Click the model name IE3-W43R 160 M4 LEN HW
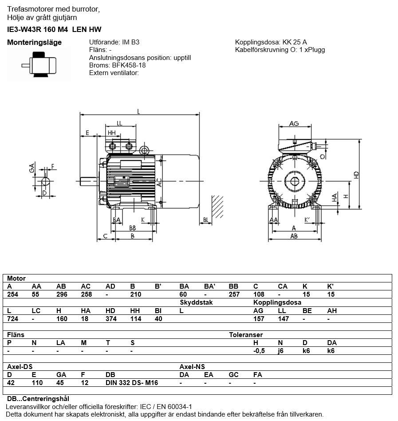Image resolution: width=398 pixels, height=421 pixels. click(54, 30)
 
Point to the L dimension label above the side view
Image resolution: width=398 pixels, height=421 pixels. click(139, 111)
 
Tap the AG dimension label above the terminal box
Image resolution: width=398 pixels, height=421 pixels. click(293, 123)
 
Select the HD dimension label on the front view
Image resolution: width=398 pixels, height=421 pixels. click(356, 175)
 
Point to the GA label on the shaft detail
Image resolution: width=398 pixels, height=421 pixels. click(32, 168)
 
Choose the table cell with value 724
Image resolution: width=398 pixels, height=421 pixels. click(12, 318)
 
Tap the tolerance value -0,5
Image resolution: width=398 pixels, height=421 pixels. click(258, 350)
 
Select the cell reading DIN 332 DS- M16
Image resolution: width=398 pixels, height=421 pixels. click(132, 382)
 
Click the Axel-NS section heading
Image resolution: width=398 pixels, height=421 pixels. click(192, 367)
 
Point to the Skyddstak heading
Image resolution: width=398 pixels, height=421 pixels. click(196, 302)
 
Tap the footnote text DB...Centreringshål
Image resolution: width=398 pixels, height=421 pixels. click(38, 399)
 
